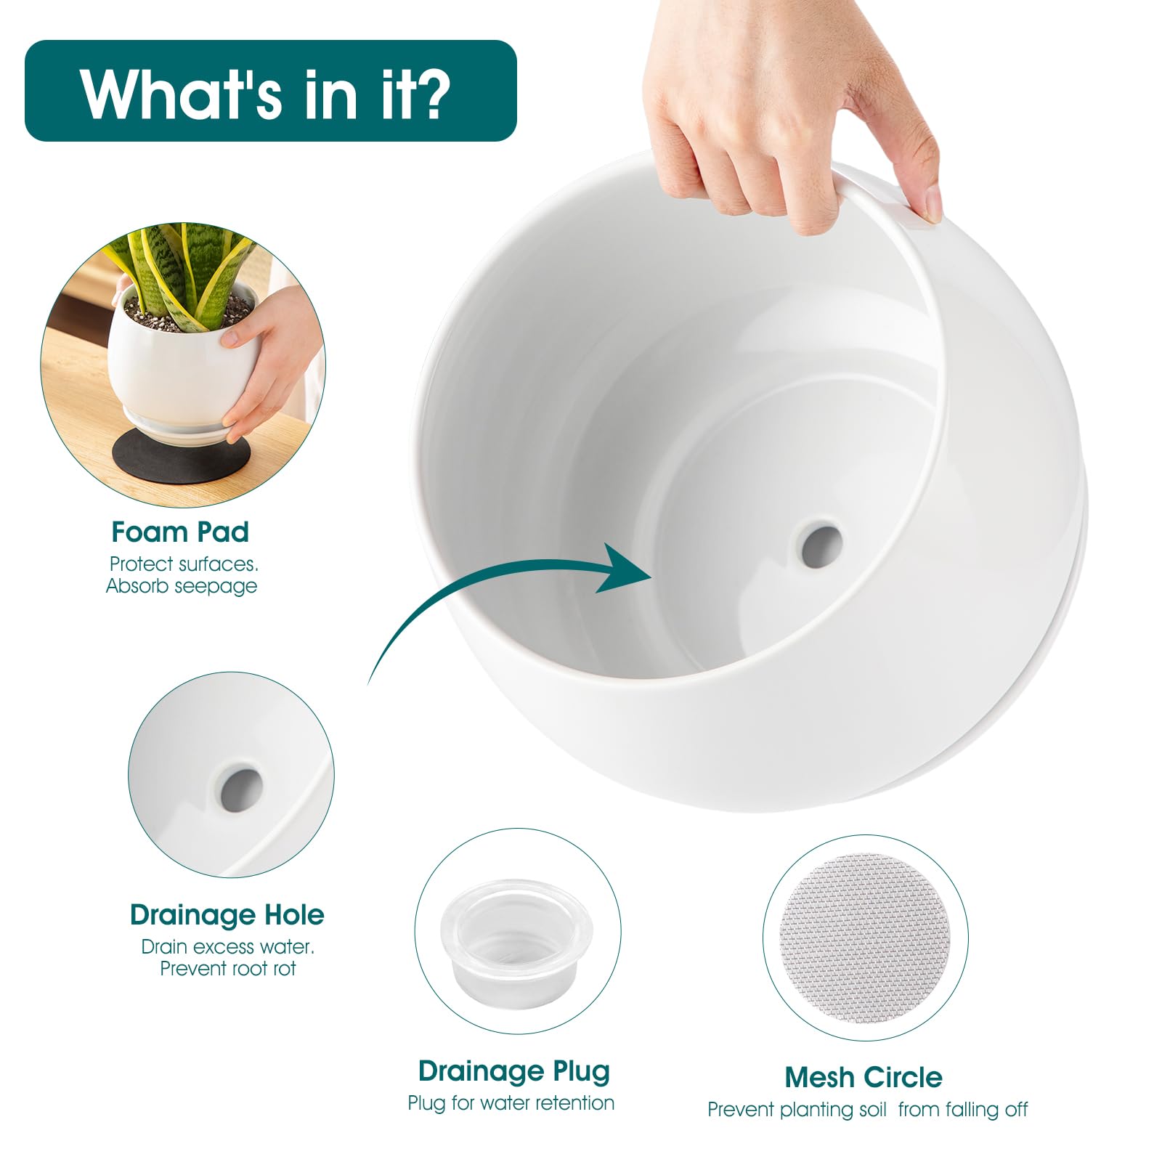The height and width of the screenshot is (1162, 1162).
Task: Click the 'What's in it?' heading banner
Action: tap(270, 91)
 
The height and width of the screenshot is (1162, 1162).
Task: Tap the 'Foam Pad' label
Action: tap(180, 532)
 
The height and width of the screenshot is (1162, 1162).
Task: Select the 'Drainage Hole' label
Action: tap(227, 915)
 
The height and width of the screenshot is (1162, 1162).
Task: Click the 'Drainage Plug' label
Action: tap(513, 1072)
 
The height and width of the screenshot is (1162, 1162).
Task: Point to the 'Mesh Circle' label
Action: tap(864, 1077)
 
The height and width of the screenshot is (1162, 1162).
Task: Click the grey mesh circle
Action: tap(865, 937)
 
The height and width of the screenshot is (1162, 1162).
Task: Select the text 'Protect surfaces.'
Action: tap(184, 564)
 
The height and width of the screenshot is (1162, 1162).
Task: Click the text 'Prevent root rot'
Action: tap(228, 968)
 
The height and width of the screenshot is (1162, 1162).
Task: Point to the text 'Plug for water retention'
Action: tap(511, 1103)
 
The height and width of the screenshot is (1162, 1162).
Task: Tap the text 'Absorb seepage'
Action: tap(182, 586)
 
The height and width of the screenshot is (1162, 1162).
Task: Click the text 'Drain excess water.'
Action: tap(228, 947)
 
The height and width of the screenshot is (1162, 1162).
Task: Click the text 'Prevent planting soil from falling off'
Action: tap(868, 1110)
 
